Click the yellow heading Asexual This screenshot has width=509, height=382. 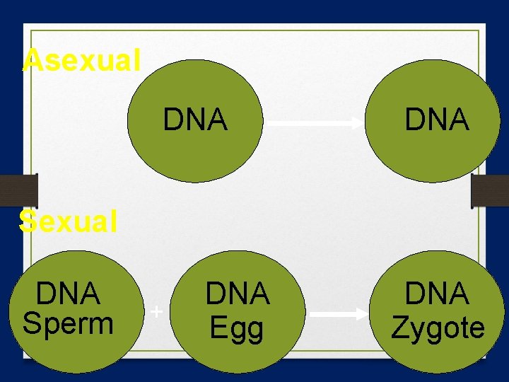[x=81, y=60]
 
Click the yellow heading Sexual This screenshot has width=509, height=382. [x=69, y=222]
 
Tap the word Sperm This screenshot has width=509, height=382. [x=68, y=323]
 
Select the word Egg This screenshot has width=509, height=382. [x=237, y=328]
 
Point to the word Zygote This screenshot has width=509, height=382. [x=438, y=328]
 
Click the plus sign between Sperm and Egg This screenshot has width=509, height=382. [x=157, y=311]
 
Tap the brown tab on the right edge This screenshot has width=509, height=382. [x=490, y=191]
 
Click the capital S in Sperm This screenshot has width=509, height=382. [x=32, y=323]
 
